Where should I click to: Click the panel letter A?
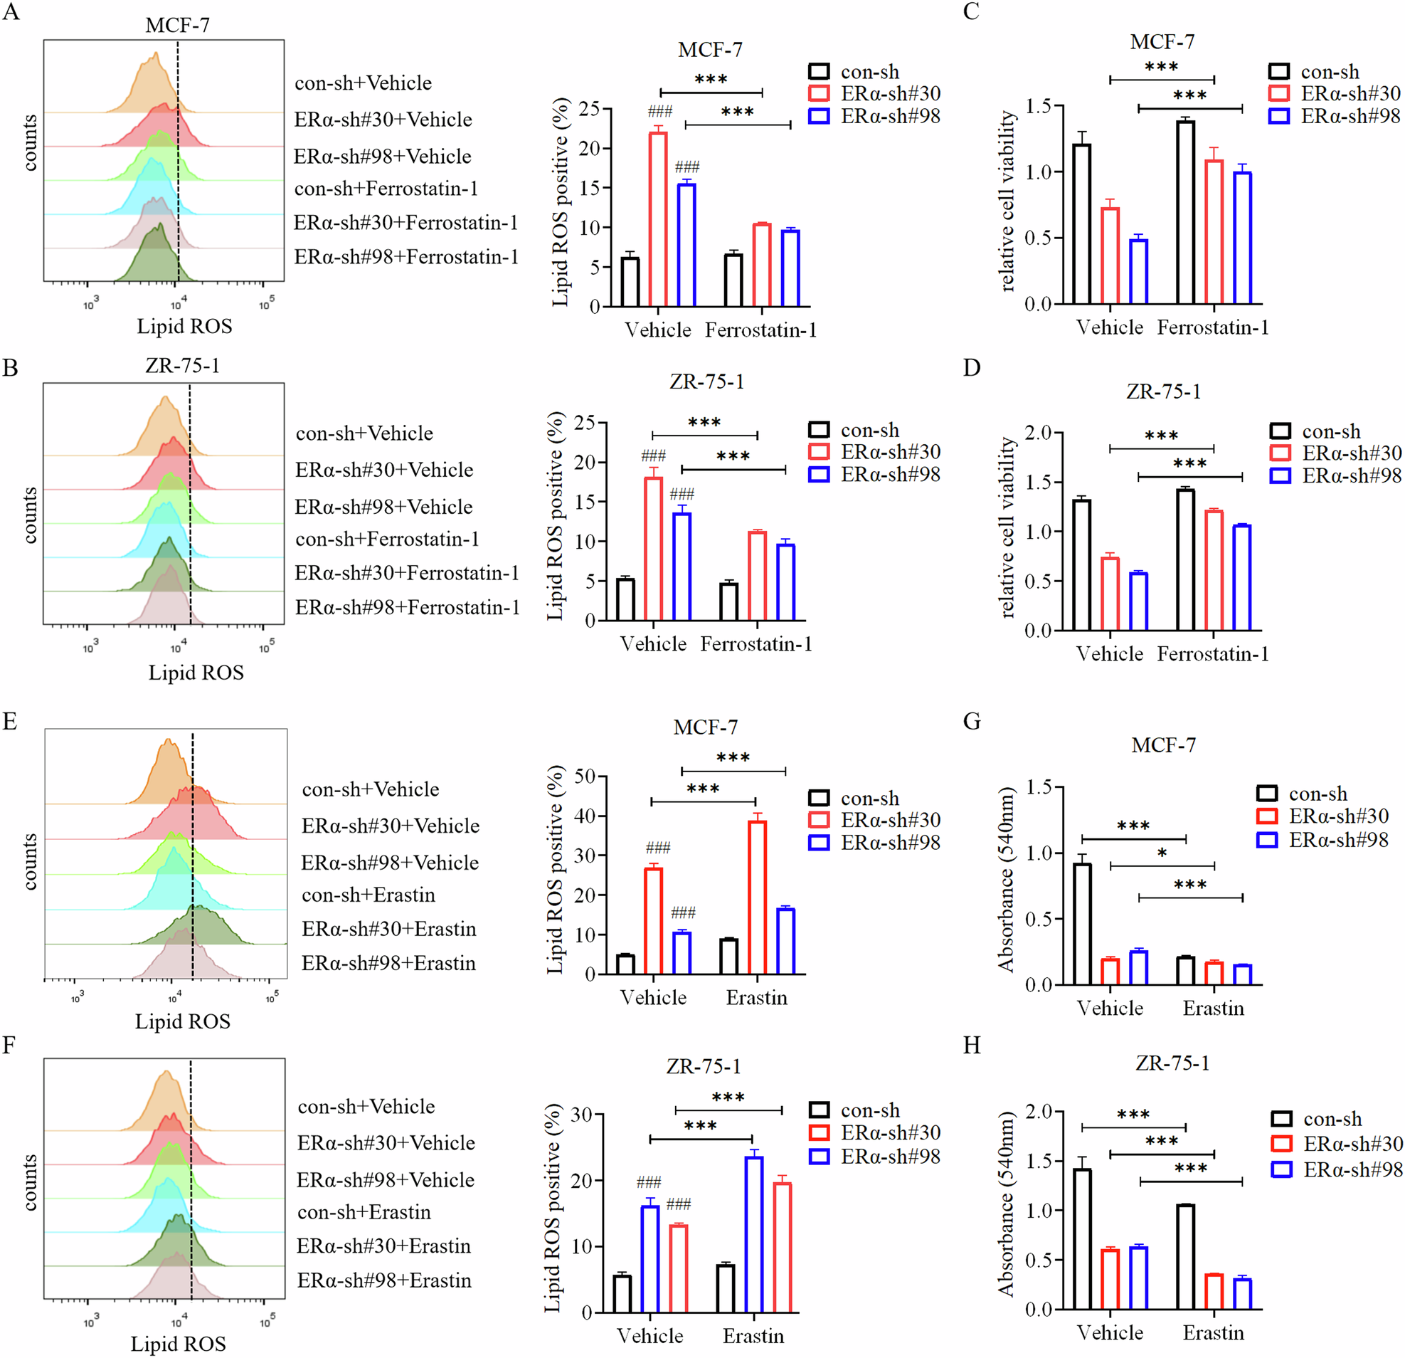pyautogui.click(x=10, y=13)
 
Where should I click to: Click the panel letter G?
pyautogui.click(x=971, y=720)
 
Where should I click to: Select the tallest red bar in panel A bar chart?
pyautogui.click(x=657, y=219)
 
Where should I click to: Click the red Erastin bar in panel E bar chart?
pyautogui.click(x=756, y=897)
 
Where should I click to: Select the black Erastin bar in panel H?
pyautogui.click(x=1185, y=1257)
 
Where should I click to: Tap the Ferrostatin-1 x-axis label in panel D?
pyautogui.click(x=1212, y=654)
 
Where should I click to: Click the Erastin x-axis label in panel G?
pyautogui.click(x=1213, y=1008)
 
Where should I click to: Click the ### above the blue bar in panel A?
pyautogui.click(x=686, y=167)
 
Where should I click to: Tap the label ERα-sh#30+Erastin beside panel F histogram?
pyautogui.click(x=383, y=1246)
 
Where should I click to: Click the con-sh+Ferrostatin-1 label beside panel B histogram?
pyautogui.click(x=387, y=539)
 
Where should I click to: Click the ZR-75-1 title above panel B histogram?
pyautogui.click(x=182, y=366)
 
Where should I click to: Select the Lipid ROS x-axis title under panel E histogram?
pyautogui.click(x=183, y=1021)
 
